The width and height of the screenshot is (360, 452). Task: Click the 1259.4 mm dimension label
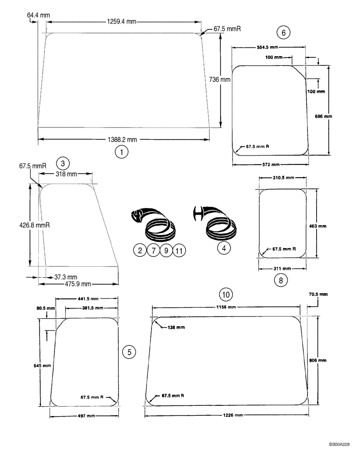tap(122, 21)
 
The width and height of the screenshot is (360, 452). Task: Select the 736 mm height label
tap(220, 79)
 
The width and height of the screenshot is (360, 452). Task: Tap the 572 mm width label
tap(270, 164)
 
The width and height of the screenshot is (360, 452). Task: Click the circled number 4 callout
tap(223, 248)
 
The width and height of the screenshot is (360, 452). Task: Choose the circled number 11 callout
tap(179, 250)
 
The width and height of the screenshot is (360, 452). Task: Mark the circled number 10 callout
tap(227, 294)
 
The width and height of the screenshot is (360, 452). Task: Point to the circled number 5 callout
tap(129, 352)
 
